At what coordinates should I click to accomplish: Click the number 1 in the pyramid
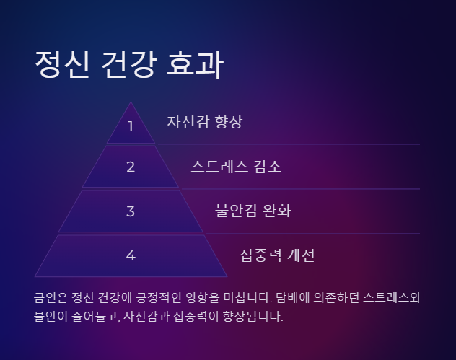(x=131, y=126)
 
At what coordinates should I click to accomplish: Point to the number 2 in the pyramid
(x=131, y=167)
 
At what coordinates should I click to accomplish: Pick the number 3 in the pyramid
(x=131, y=211)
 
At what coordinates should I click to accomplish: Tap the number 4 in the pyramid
(x=131, y=255)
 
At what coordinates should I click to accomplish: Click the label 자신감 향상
(x=205, y=122)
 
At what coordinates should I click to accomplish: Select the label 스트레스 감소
(x=236, y=167)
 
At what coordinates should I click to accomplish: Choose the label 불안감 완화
(x=253, y=211)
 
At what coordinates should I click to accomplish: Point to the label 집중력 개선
(x=277, y=255)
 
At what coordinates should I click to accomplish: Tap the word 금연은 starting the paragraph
(x=51, y=297)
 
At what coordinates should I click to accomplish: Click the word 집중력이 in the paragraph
(x=196, y=316)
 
